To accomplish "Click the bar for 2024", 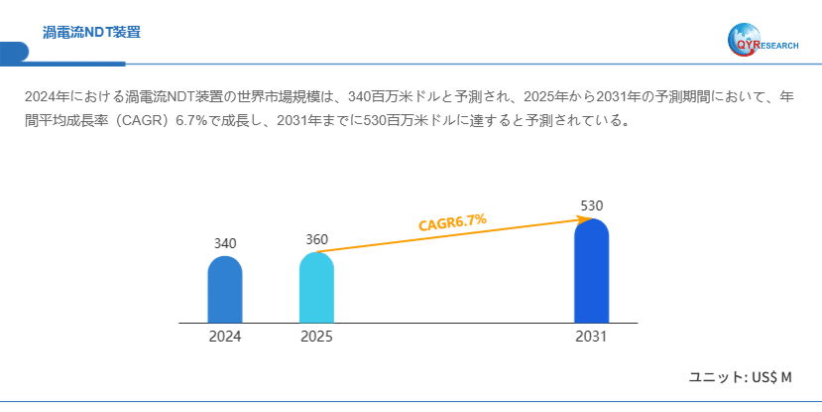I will point(225,290).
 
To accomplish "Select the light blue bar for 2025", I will point(316,288).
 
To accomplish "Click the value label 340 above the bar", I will point(225,243).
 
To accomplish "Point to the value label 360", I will point(316,239).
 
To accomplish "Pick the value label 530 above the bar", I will point(591,206).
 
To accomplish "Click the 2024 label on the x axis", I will point(225,337).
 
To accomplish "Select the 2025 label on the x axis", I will point(316,337).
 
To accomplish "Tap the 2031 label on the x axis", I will point(591,337).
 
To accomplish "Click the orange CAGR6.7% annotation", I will point(452,222).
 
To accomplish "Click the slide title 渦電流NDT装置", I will point(91,33).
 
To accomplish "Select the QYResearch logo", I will point(763,40).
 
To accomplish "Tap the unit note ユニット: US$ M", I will point(741,377).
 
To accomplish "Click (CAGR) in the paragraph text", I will point(137,121).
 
